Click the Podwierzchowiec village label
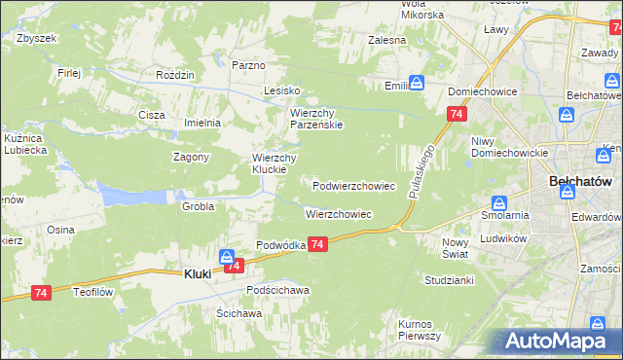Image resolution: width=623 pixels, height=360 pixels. click(353, 185)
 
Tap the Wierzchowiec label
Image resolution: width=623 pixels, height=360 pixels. click(339, 213)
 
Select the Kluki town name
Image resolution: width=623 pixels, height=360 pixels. click(199, 274)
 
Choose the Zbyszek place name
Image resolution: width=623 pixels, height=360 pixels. click(38, 38)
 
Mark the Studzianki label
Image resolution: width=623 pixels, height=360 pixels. click(448, 280)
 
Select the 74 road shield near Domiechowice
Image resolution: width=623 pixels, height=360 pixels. click(456, 115)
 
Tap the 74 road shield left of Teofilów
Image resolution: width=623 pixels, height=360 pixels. click(41, 292)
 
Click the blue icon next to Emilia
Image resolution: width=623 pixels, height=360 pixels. click(417, 84)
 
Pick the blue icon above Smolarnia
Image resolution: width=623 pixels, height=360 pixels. click(498, 203)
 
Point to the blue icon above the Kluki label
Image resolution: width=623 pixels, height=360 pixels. click(227, 257)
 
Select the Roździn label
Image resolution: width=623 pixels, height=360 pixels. click(176, 74)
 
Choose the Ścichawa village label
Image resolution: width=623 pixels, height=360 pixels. click(239, 313)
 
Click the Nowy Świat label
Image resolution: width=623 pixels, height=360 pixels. click(455, 247)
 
